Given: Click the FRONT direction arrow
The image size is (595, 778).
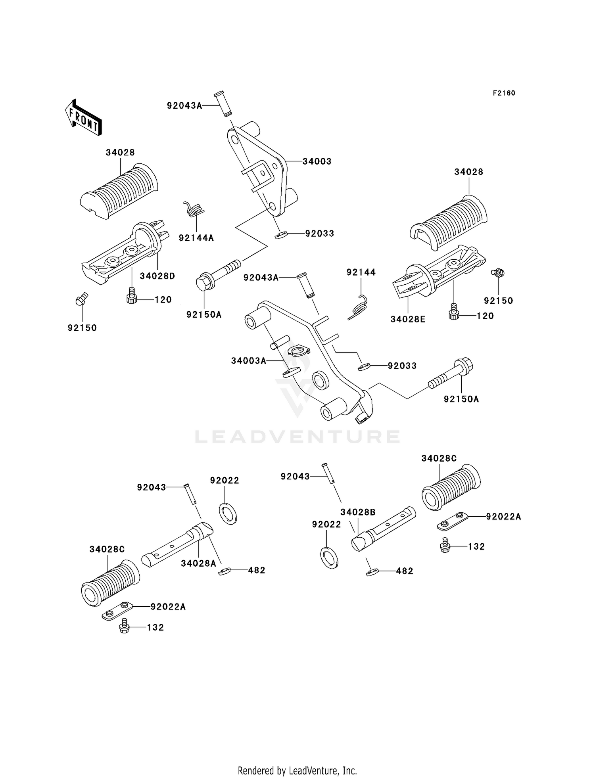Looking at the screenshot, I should (x=83, y=117).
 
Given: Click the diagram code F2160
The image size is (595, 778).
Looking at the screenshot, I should (x=504, y=93).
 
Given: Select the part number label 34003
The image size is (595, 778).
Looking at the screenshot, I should (x=317, y=161).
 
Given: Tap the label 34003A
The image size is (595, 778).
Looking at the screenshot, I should (x=249, y=361).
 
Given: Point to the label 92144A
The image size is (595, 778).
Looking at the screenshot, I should (x=196, y=238).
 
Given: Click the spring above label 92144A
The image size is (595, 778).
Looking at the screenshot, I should (x=193, y=209).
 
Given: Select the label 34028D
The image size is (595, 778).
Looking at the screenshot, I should (x=157, y=276).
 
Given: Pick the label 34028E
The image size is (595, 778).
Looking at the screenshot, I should (x=408, y=319).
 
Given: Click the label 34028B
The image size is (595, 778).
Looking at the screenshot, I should (x=358, y=512).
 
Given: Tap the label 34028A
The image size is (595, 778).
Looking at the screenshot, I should (x=198, y=563).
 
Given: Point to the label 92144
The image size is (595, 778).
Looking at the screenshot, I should (x=361, y=272).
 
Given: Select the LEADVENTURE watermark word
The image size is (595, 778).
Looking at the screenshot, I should (x=297, y=437).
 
